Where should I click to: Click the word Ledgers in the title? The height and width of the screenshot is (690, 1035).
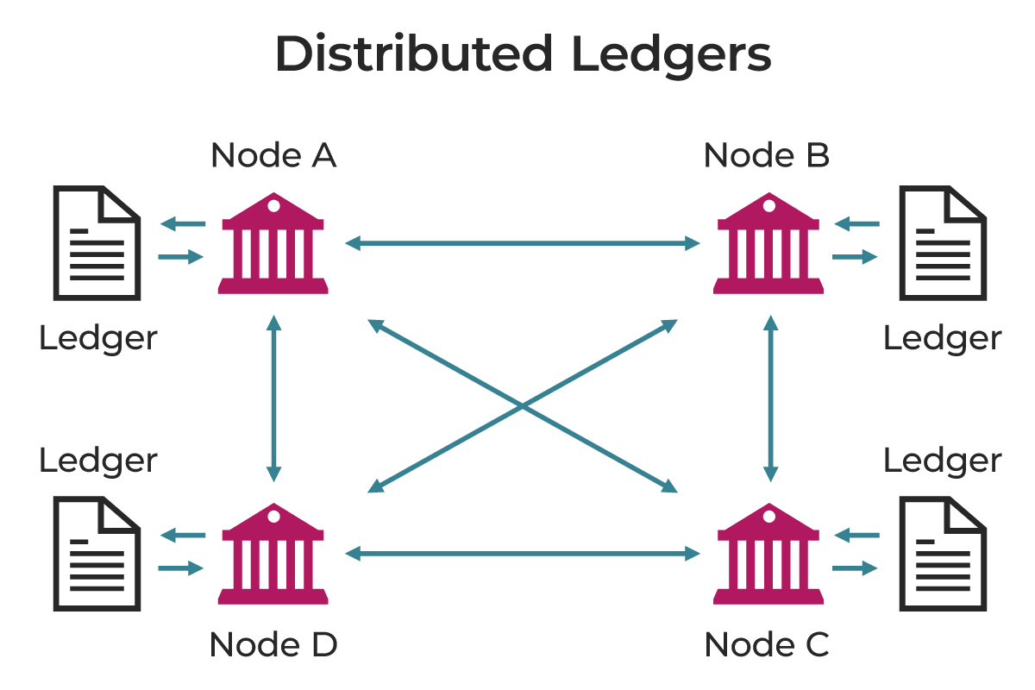pyautogui.click(x=670, y=54)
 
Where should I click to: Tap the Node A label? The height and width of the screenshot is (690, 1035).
pyautogui.click(x=273, y=156)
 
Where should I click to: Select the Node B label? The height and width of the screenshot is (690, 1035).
pyautogui.click(x=767, y=156)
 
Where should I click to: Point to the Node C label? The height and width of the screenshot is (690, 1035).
pyautogui.click(x=767, y=644)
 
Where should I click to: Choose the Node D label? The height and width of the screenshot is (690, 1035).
pyautogui.click(x=273, y=644)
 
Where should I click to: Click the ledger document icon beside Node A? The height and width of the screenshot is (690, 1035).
pyautogui.click(x=97, y=244)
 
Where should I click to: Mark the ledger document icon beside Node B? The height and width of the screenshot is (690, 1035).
pyautogui.click(x=943, y=244)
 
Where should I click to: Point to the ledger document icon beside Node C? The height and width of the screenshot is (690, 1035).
pyautogui.click(x=943, y=554)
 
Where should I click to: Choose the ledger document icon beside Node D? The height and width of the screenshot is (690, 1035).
pyautogui.click(x=97, y=554)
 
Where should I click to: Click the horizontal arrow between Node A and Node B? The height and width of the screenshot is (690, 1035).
pyautogui.click(x=522, y=244)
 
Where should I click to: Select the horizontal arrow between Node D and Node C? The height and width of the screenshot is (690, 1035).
pyautogui.click(x=522, y=554)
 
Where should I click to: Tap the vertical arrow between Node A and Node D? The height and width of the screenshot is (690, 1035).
pyautogui.click(x=274, y=398)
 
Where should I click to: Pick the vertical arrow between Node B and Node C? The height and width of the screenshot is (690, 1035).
pyautogui.click(x=771, y=398)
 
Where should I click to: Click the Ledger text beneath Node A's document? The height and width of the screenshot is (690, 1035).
pyautogui.click(x=98, y=338)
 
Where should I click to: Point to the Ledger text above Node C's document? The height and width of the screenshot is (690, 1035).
pyautogui.click(x=943, y=461)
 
